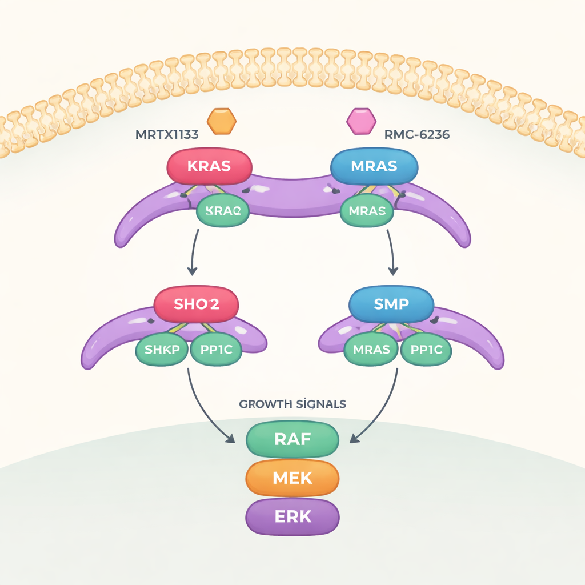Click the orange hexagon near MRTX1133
(221, 121)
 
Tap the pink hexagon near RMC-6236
(362, 121)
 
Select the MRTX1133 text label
(167, 135)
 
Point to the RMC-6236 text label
(416, 135)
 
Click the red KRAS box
(209, 166)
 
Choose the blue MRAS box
(374, 166)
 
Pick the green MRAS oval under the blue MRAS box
(367, 210)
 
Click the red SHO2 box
(196, 304)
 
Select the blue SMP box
(391, 304)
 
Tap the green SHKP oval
(162, 349)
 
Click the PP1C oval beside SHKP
(216, 349)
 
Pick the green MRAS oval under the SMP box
(371, 349)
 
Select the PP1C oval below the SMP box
(426, 349)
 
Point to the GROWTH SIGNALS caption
(292, 404)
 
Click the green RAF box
(292, 439)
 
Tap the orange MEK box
(292, 478)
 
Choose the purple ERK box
(292, 516)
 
